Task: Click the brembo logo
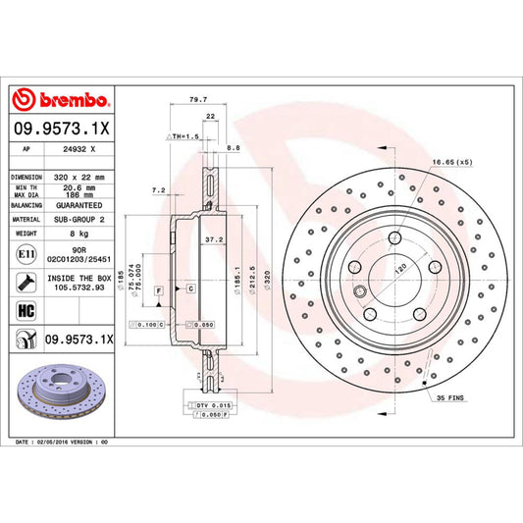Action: click(62, 99)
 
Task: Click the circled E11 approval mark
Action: click(24, 255)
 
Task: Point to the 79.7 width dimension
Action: click(196, 98)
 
